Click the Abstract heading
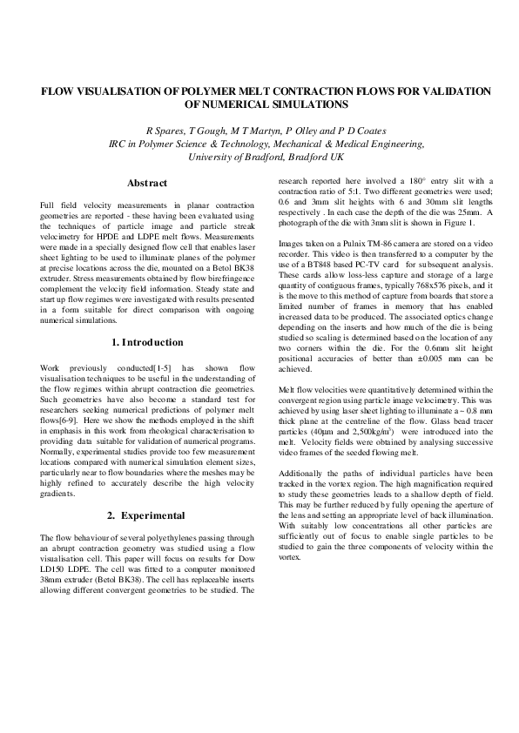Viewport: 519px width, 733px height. coord(147,184)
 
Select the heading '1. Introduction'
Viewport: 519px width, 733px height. coord(147,342)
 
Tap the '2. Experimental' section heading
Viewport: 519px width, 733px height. coord(147,515)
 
